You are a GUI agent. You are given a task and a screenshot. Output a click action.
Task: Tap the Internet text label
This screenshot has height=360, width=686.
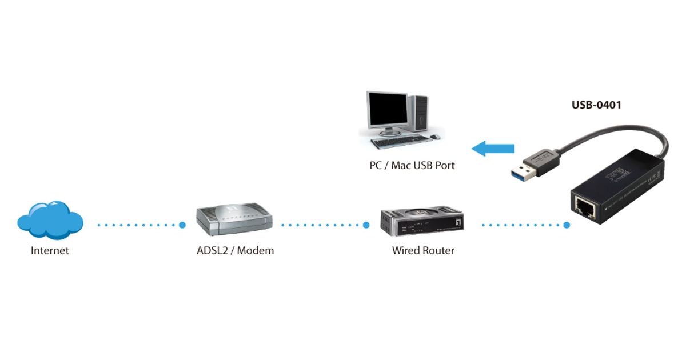50,250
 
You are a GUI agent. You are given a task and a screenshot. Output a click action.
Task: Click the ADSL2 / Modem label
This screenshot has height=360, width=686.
232,250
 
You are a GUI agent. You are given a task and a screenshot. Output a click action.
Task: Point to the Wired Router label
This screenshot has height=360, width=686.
423,250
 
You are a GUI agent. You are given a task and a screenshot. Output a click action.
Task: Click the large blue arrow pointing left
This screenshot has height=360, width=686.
493,149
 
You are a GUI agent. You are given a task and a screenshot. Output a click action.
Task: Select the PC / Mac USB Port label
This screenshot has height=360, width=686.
412,166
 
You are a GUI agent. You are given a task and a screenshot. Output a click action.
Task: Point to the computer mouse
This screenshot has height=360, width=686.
436,137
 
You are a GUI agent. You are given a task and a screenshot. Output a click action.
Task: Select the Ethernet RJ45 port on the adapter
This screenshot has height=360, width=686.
584,208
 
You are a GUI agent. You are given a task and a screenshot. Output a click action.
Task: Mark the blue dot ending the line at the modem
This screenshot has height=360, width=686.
182,225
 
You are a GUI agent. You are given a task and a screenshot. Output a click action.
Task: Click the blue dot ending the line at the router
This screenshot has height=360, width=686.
366,225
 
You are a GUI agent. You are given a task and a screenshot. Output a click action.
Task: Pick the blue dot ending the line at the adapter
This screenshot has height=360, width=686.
567,225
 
